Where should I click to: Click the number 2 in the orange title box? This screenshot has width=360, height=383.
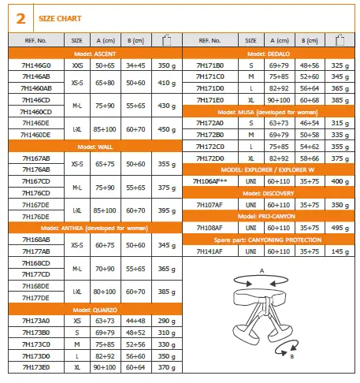(20, 15)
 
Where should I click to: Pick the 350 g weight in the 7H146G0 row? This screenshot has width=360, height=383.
(165, 64)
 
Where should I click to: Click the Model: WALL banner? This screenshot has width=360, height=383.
(96, 147)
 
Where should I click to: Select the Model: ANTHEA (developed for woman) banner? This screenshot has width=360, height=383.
(96, 228)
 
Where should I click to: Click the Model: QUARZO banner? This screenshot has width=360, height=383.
(96, 310)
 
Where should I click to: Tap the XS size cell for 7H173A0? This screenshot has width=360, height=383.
(77, 321)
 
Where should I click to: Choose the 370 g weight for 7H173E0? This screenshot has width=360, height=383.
(165, 366)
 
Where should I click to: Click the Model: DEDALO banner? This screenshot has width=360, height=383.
(269, 53)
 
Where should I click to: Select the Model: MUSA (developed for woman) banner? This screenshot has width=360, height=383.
(269, 112)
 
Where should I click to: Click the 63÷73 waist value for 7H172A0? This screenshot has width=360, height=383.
(280, 123)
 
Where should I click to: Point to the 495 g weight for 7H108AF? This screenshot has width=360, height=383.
(340, 227)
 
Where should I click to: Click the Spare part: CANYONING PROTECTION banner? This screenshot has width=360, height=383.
(269, 238)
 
